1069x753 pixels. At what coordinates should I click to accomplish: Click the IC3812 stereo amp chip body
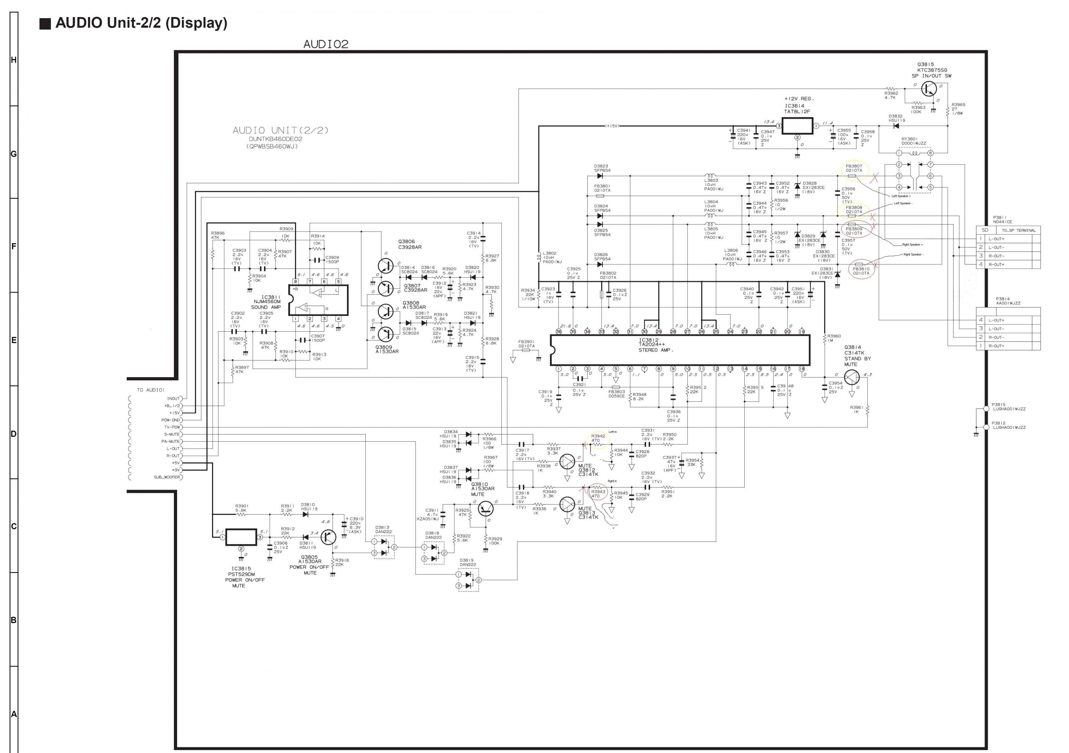(680, 350)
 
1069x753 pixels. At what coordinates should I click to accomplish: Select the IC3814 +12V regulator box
(797, 126)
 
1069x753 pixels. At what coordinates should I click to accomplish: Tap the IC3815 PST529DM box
(241, 537)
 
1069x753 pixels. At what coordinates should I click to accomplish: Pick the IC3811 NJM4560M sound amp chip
(318, 300)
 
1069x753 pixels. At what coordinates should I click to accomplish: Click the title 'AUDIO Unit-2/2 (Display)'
(141, 23)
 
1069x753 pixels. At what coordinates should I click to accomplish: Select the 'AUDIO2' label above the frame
(326, 44)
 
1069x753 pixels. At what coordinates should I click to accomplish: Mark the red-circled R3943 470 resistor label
(598, 494)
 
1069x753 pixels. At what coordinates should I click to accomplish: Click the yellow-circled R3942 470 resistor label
(598, 438)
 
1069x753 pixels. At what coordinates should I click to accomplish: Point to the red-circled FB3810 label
(861, 271)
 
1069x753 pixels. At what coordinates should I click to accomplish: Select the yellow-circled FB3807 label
(854, 168)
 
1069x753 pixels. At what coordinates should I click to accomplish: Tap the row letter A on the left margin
(14, 714)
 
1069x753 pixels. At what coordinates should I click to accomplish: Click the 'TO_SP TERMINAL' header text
(1019, 230)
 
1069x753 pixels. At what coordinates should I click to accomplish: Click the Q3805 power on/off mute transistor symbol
(328, 537)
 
